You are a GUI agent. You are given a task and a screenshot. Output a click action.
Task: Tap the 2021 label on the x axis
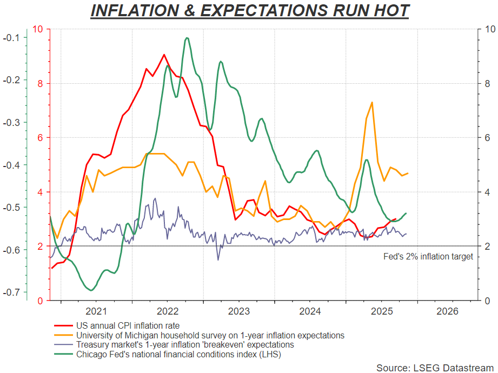point(96,311)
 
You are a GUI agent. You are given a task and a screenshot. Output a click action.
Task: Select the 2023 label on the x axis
point(239,311)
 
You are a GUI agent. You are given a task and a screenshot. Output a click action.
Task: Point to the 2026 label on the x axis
point(447,311)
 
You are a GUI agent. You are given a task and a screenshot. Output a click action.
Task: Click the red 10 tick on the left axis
point(39,29)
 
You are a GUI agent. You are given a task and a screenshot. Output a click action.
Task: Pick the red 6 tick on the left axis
point(41,137)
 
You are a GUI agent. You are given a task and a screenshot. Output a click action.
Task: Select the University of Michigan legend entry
point(210,335)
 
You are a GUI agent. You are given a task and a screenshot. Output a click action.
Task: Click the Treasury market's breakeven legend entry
point(185,344)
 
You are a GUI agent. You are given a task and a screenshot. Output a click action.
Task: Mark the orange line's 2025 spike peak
point(372,102)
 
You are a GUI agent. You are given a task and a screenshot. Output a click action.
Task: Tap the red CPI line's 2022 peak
point(164,55)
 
